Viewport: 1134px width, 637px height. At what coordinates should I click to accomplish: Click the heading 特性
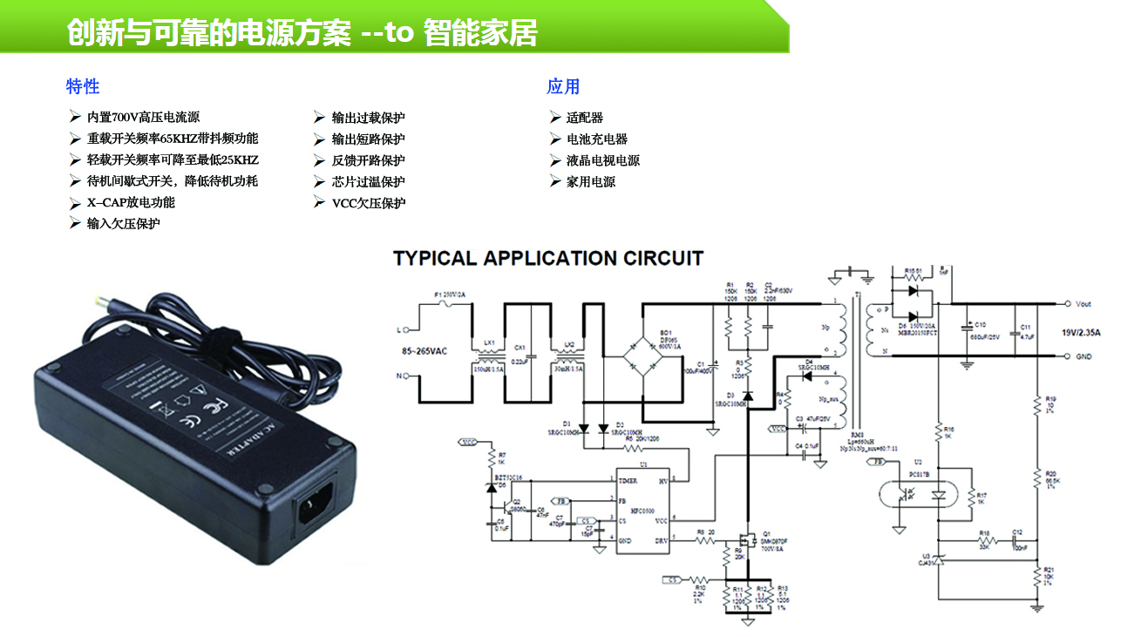point(83,86)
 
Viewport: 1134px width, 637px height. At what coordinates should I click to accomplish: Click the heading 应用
point(563,86)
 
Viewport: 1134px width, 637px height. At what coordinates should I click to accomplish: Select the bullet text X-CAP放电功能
point(131,202)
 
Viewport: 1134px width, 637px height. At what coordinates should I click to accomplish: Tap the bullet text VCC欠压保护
point(369,203)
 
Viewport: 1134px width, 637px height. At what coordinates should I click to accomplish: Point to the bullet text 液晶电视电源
point(603,160)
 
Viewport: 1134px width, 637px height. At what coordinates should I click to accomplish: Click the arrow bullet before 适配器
point(554,117)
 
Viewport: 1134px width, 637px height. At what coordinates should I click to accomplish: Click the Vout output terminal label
point(1083,304)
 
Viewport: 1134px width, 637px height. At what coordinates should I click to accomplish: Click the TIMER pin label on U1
point(628,481)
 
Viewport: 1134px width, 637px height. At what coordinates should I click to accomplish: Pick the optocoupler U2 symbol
point(924,494)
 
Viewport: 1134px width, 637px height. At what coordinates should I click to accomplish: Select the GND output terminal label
point(1083,356)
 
